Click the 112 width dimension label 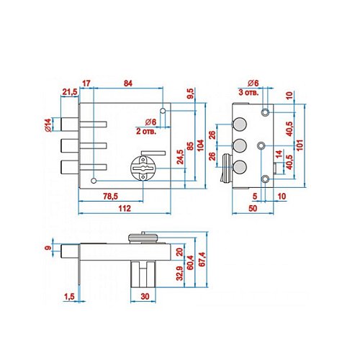pyautogui.click(x=125, y=208)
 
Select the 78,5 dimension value pyautogui.click(x=111, y=197)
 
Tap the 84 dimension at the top pyautogui.click(x=128, y=84)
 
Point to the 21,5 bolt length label pyautogui.click(x=70, y=91)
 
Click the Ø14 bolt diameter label pyautogui.click(x=48, y=125)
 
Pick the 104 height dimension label pyautogui.click(x=200, y=145)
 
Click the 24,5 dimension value pyautogui.click(x=180, y=157)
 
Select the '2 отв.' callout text pyautogui.click(x=146, y=131)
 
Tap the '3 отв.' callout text pyautogui.click(x=248, y=92)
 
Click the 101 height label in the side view pyautogui.click(x=300, y=145)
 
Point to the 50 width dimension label pyautogui.click(x=253, y=208)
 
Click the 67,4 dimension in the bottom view pyautogui.click(x=202, y=259)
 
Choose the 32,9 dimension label pyautogui.click(x=179, y=273)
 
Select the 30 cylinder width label pyautogui.click(x=145, y=297)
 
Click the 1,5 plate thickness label pyautogui.click(x=69, y=297)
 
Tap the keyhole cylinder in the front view pyautogui.click(x=143, y=168)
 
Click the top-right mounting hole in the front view pyautogui.click(x=163, y=111)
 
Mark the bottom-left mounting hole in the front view pyautogui.click(x=94, y=181)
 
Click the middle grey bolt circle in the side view pyautogui.click(x=240, y=145)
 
